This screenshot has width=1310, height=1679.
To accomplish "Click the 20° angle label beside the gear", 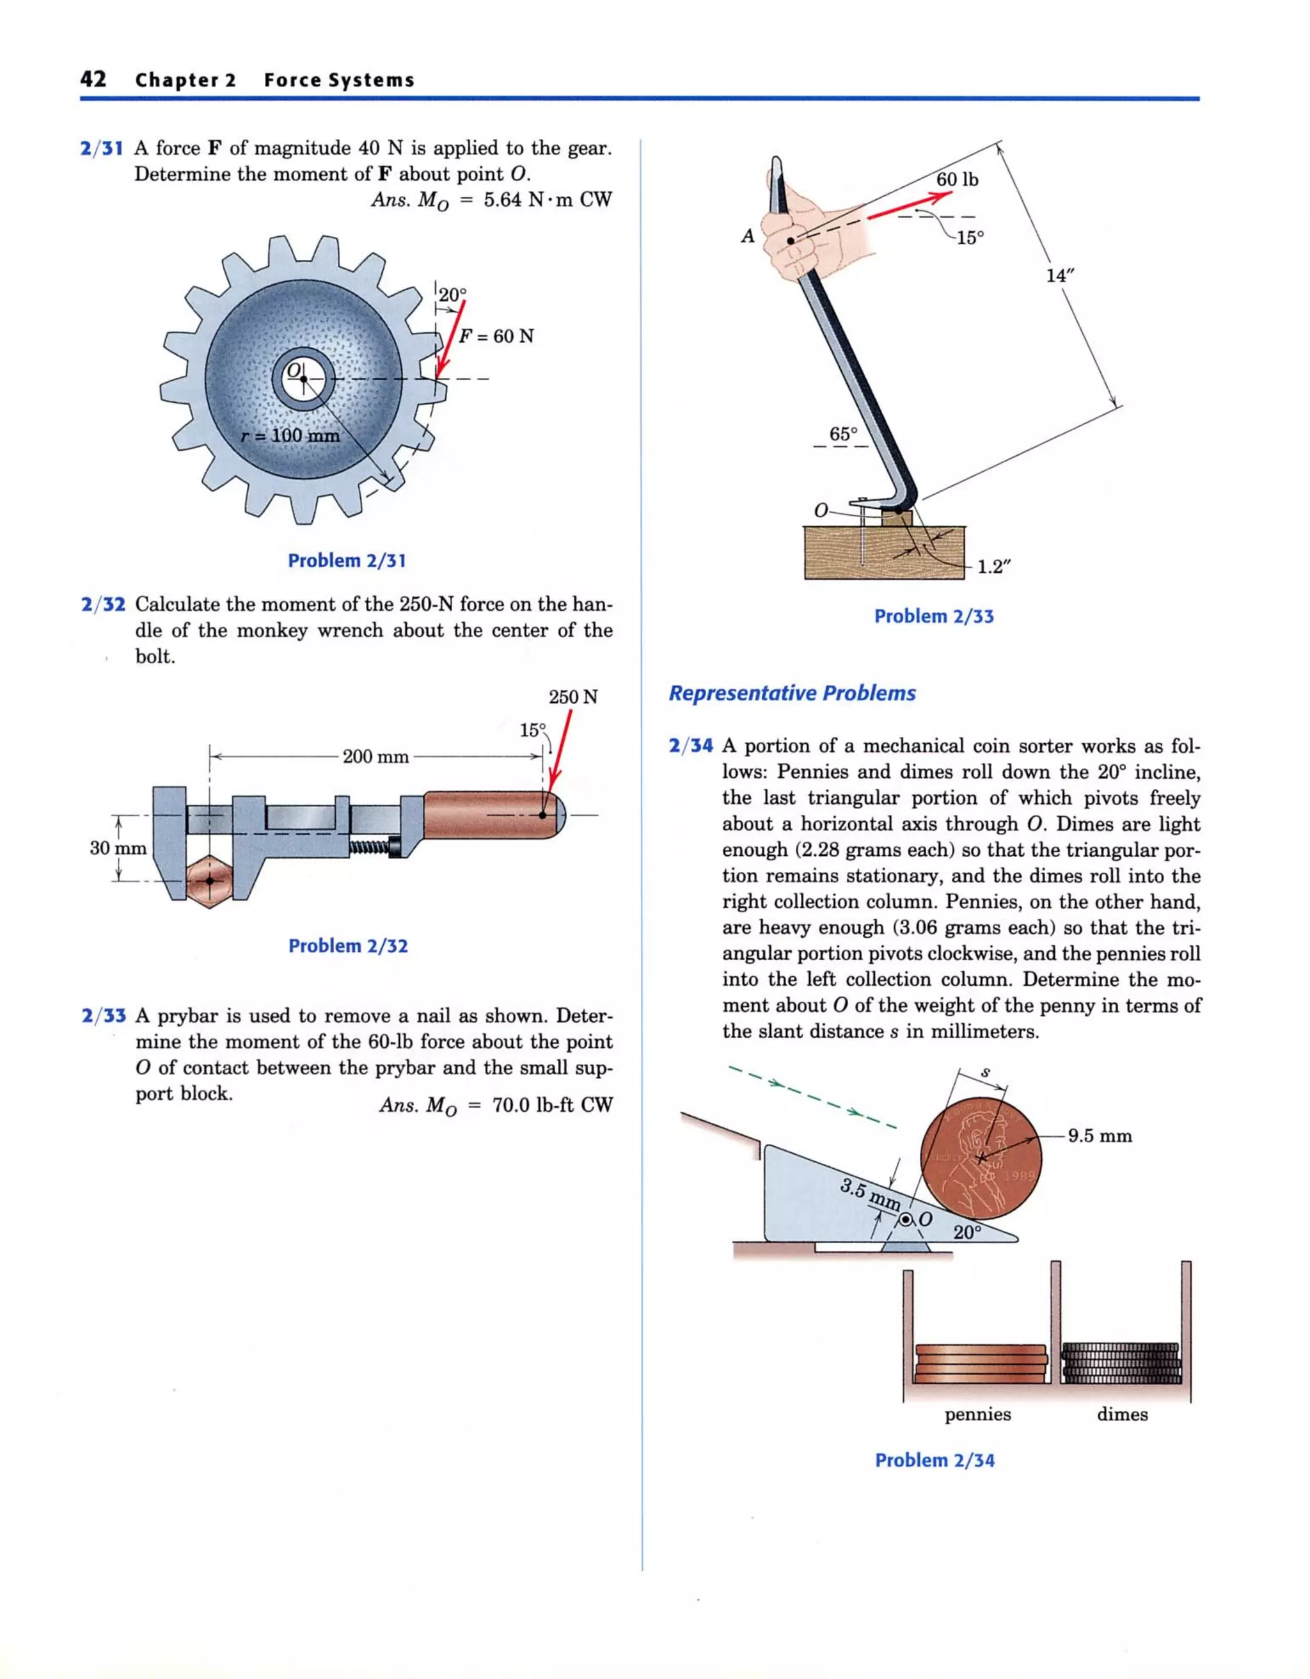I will (452, 295).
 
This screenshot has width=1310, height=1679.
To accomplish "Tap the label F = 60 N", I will (496, 337).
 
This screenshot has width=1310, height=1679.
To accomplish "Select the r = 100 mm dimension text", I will (290, 436).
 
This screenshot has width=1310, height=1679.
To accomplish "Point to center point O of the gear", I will (303, 379).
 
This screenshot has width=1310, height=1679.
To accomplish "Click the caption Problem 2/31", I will (347, 561).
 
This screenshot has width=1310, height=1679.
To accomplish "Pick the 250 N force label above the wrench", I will (572, 697).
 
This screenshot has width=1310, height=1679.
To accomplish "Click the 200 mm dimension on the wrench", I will (375, 757).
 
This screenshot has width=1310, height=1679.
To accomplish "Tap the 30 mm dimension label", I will (118, 848).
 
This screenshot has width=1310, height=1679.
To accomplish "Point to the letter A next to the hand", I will (748, 237).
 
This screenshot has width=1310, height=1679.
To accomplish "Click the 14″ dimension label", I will (1058, 275).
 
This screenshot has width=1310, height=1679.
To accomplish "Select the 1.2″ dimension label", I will (993, 567).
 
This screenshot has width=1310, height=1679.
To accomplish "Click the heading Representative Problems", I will (792, 693).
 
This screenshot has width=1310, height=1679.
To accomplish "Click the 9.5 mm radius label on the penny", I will (1100, 1136).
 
